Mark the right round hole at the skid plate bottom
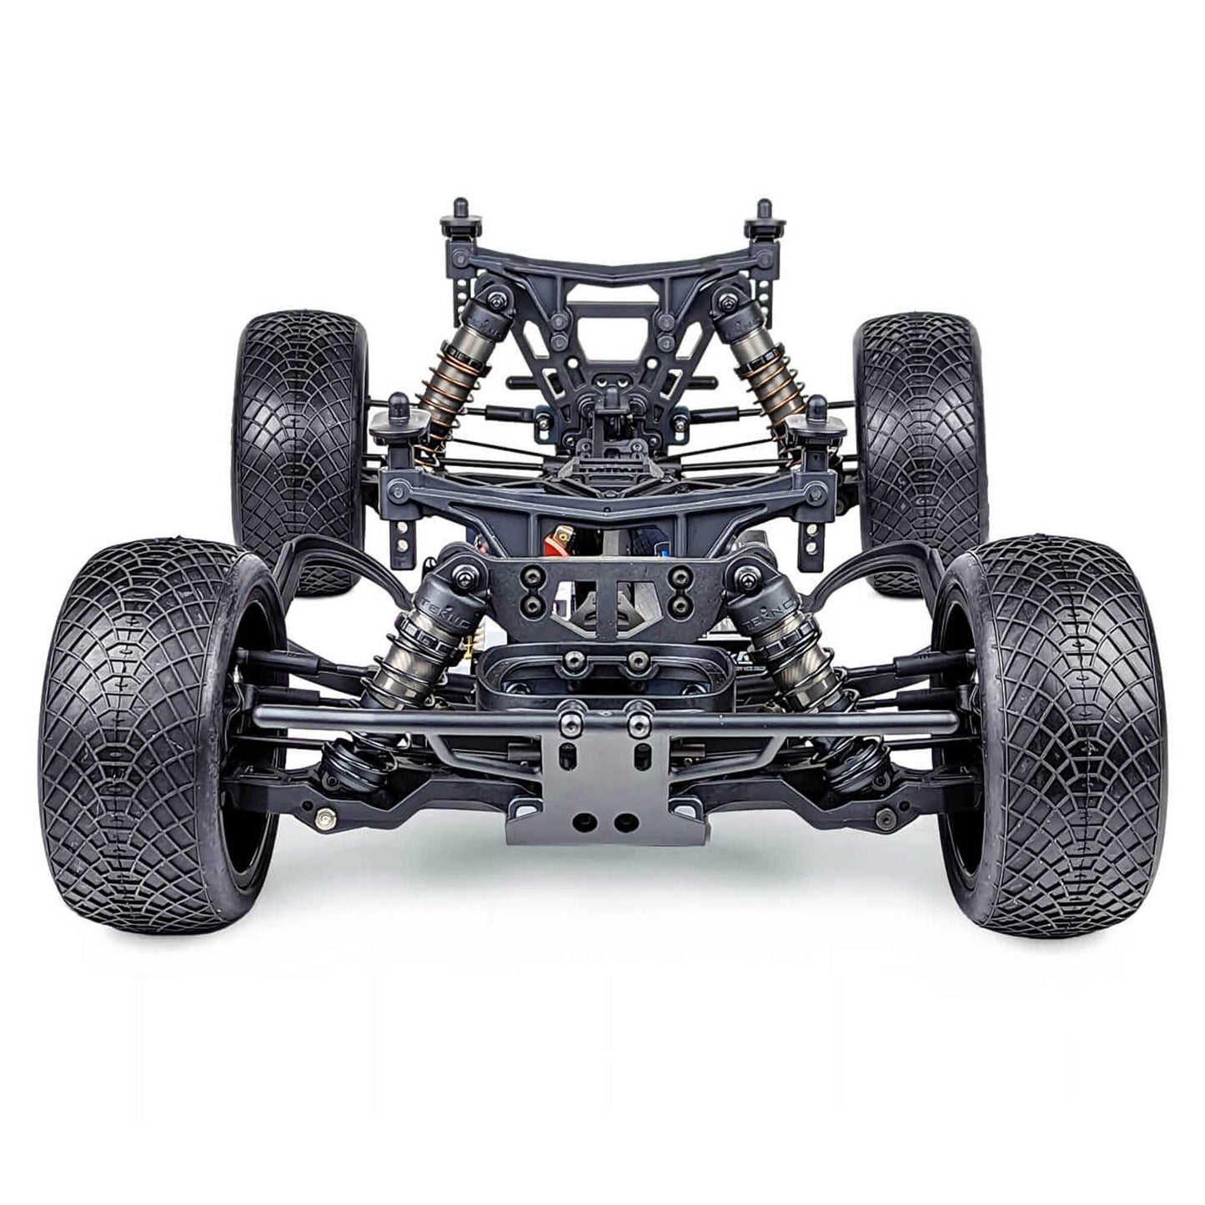coord(621,822)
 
